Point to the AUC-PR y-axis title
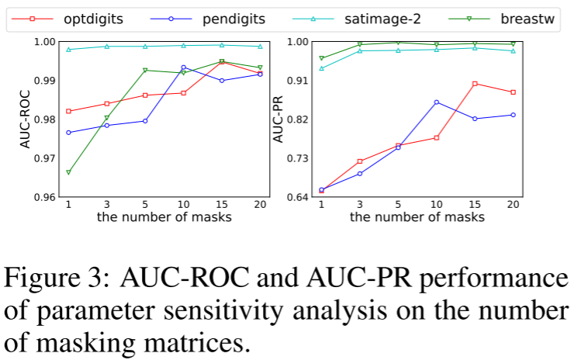tap(278, 118)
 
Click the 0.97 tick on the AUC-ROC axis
tap(45, 158)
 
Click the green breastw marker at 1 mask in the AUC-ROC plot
tap(68, 172)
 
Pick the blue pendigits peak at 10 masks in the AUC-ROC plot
tap(183, 67)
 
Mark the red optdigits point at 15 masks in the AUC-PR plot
tap(474, 83)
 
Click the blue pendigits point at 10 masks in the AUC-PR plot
tap(436, 102)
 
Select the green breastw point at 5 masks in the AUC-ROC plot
tap(145, 70)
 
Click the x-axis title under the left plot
tap(164, 217)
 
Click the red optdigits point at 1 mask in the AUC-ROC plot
tap(68, 111)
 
